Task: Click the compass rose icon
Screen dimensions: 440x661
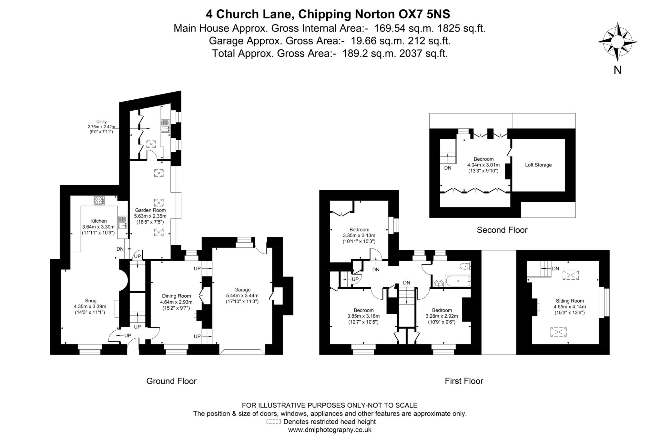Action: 617,42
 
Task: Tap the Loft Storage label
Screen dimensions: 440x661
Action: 538,165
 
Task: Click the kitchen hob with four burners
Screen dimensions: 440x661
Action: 99,201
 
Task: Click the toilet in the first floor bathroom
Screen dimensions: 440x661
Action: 465,266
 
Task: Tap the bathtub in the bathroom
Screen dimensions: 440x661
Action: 458,281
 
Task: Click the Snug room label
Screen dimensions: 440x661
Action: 91,301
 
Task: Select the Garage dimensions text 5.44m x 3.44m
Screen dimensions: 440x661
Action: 242,295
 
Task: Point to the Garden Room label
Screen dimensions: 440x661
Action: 150,210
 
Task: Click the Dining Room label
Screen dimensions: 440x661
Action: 176,296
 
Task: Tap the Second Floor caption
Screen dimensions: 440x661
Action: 502,230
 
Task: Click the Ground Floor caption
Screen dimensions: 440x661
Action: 171,381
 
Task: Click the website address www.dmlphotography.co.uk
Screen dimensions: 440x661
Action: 330,430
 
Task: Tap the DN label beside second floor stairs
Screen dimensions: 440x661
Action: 447,168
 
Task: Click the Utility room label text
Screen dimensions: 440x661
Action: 101,122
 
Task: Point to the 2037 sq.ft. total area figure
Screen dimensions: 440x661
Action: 423,53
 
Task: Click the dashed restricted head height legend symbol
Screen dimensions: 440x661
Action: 273,422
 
